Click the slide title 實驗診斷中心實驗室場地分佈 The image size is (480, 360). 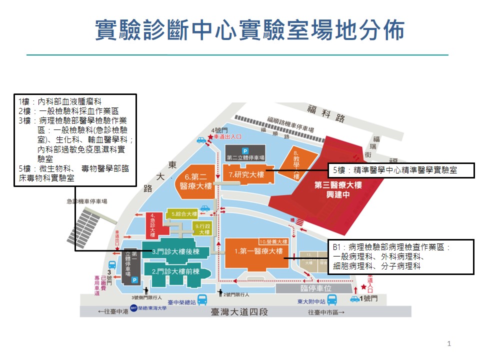point(249,31)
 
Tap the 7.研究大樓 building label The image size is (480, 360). point(246,175)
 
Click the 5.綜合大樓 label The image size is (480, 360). point(181,214)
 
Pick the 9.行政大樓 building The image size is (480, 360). point(201,229)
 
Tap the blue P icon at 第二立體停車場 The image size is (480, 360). point(245,150)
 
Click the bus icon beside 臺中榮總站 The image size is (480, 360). point(202,300)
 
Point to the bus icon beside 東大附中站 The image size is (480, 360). point(332,299)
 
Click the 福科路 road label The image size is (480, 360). point(326,114)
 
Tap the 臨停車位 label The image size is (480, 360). point(316,288)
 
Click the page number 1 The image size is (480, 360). point(449,343)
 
